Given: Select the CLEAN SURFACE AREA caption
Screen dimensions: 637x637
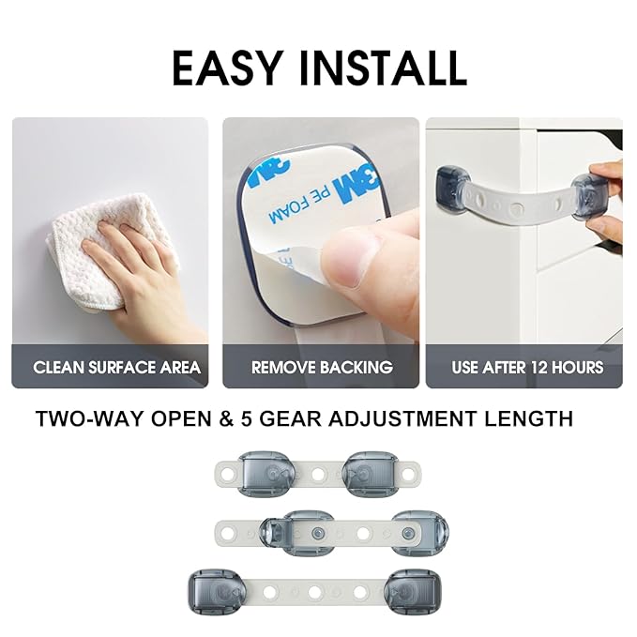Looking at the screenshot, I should pos(116,367).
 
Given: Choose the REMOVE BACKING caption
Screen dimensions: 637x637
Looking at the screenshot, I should pos(322,367).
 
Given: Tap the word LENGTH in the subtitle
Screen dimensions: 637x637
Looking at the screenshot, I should pos(531,418).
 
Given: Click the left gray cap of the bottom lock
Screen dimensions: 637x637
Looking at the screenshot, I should pos(211,591).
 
